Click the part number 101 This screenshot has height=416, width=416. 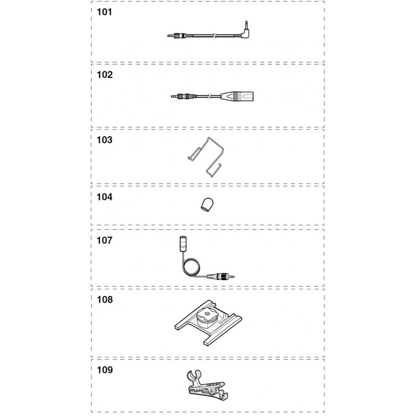click(x=105, y=12)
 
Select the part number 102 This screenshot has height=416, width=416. click(x=105, y=74)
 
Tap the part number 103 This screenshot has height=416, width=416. click(x=105, y=140)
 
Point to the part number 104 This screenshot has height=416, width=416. click(x=105, y=197)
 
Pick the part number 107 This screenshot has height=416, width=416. click(x=105, y=240)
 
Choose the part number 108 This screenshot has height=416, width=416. click(x=105, y=300)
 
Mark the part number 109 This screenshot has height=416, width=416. click(x=105, y=370)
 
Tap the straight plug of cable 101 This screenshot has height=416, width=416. click(x=176, y=35)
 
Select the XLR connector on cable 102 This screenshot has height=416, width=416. click(x=237, y=96)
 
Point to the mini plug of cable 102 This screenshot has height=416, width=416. click(x=180, y=96)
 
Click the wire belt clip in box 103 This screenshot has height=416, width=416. click(x=205, y=157)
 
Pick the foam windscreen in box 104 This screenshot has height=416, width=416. click(x=206, y=205)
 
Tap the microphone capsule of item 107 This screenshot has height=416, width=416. click(x=183, y=243)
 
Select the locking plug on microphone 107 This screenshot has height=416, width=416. click(x=220, y=277)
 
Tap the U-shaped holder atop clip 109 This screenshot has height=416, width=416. click(x=194, y=375)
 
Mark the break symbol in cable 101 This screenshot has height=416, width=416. click(x=214, y=35)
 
